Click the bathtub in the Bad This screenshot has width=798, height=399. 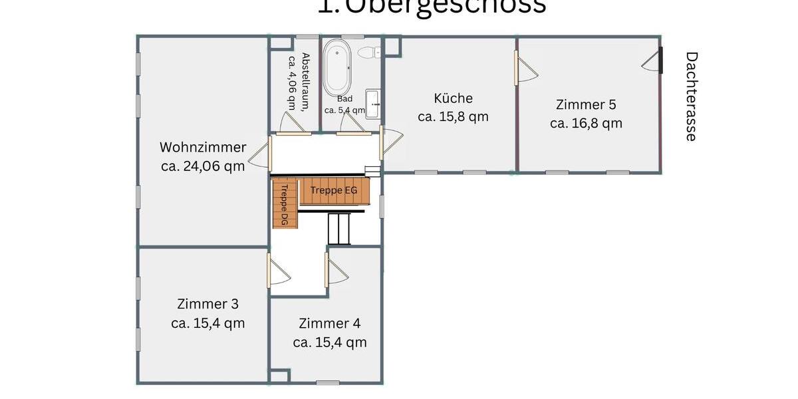338,68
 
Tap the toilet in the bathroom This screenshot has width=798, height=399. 368,52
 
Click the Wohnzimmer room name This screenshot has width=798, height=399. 203,148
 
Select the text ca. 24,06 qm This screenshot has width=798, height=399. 203,166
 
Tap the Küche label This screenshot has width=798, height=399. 453,98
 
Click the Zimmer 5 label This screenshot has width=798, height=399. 586,104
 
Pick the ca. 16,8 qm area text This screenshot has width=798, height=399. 586,123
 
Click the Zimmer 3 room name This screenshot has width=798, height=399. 207,304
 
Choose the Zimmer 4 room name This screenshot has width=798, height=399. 330,324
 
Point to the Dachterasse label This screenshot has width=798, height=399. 691,96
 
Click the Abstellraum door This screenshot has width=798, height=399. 293,123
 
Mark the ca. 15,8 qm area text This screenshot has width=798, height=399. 453,117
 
